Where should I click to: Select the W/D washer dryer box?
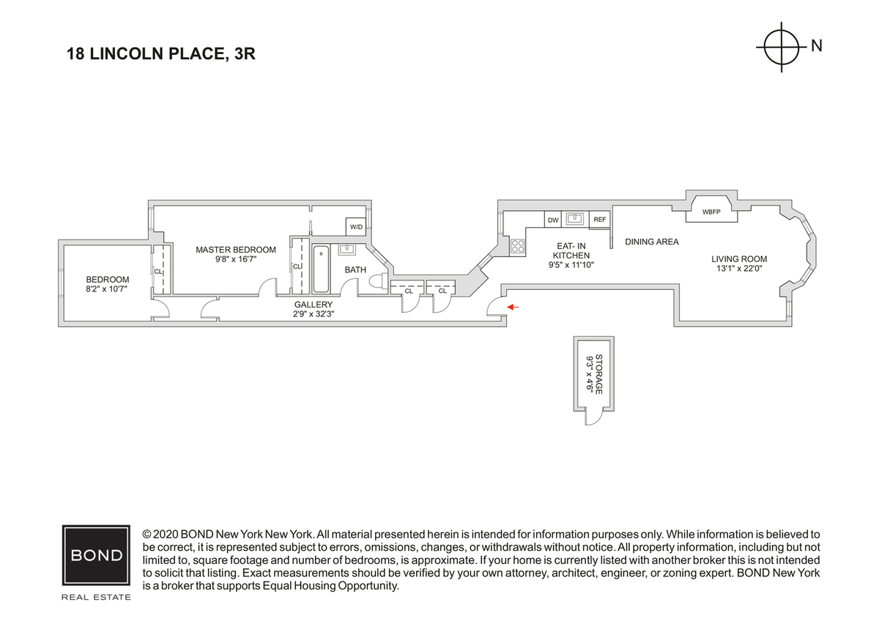point(356,227)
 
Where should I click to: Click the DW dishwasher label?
point(552,219)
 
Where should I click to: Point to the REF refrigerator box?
point(599,219)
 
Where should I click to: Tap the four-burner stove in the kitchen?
point(518,247)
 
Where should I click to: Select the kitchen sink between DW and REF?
point(576,218)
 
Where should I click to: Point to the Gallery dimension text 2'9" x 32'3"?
point(314,314)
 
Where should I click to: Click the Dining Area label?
point(651,242)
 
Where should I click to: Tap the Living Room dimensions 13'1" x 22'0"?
point(739,268)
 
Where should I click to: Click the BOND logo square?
point(96,554)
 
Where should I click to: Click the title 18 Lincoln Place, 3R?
point(160,53)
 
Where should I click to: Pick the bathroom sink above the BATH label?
point(347,249)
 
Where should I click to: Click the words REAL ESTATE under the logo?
point(96,598)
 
